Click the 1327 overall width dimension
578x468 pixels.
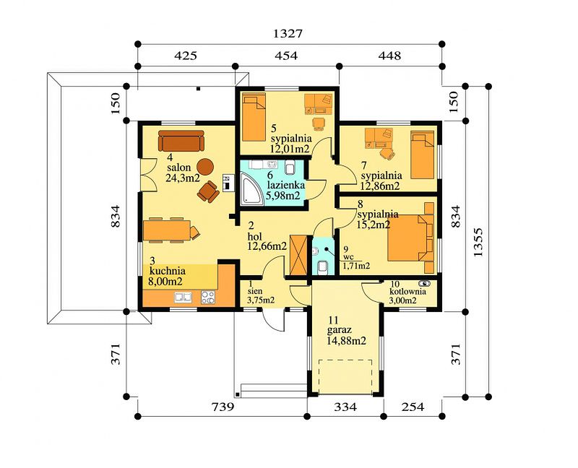pos(288,33)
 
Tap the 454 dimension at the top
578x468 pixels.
pos(286,56)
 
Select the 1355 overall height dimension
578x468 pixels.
pos(478,243)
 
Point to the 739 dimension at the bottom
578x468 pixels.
pos(223,407)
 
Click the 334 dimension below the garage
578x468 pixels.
pos(345,407)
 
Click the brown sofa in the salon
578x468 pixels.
pos(181,140)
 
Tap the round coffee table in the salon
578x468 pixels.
pos(205,167)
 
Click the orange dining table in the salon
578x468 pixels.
pos(167,230)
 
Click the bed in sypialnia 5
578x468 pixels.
pos(254,117)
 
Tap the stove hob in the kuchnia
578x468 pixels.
pos(208,298)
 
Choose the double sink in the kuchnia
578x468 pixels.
pos(184,298)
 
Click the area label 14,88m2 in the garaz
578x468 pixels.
pos(347,341)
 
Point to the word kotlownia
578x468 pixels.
pos(408,292)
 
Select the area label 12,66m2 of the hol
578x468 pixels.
pos(267,246)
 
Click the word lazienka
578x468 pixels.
pos(286,185)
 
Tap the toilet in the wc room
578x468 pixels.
pos(322,267)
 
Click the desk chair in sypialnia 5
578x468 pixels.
pos(319,123)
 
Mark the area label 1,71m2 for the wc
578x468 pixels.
pos(357,265)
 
